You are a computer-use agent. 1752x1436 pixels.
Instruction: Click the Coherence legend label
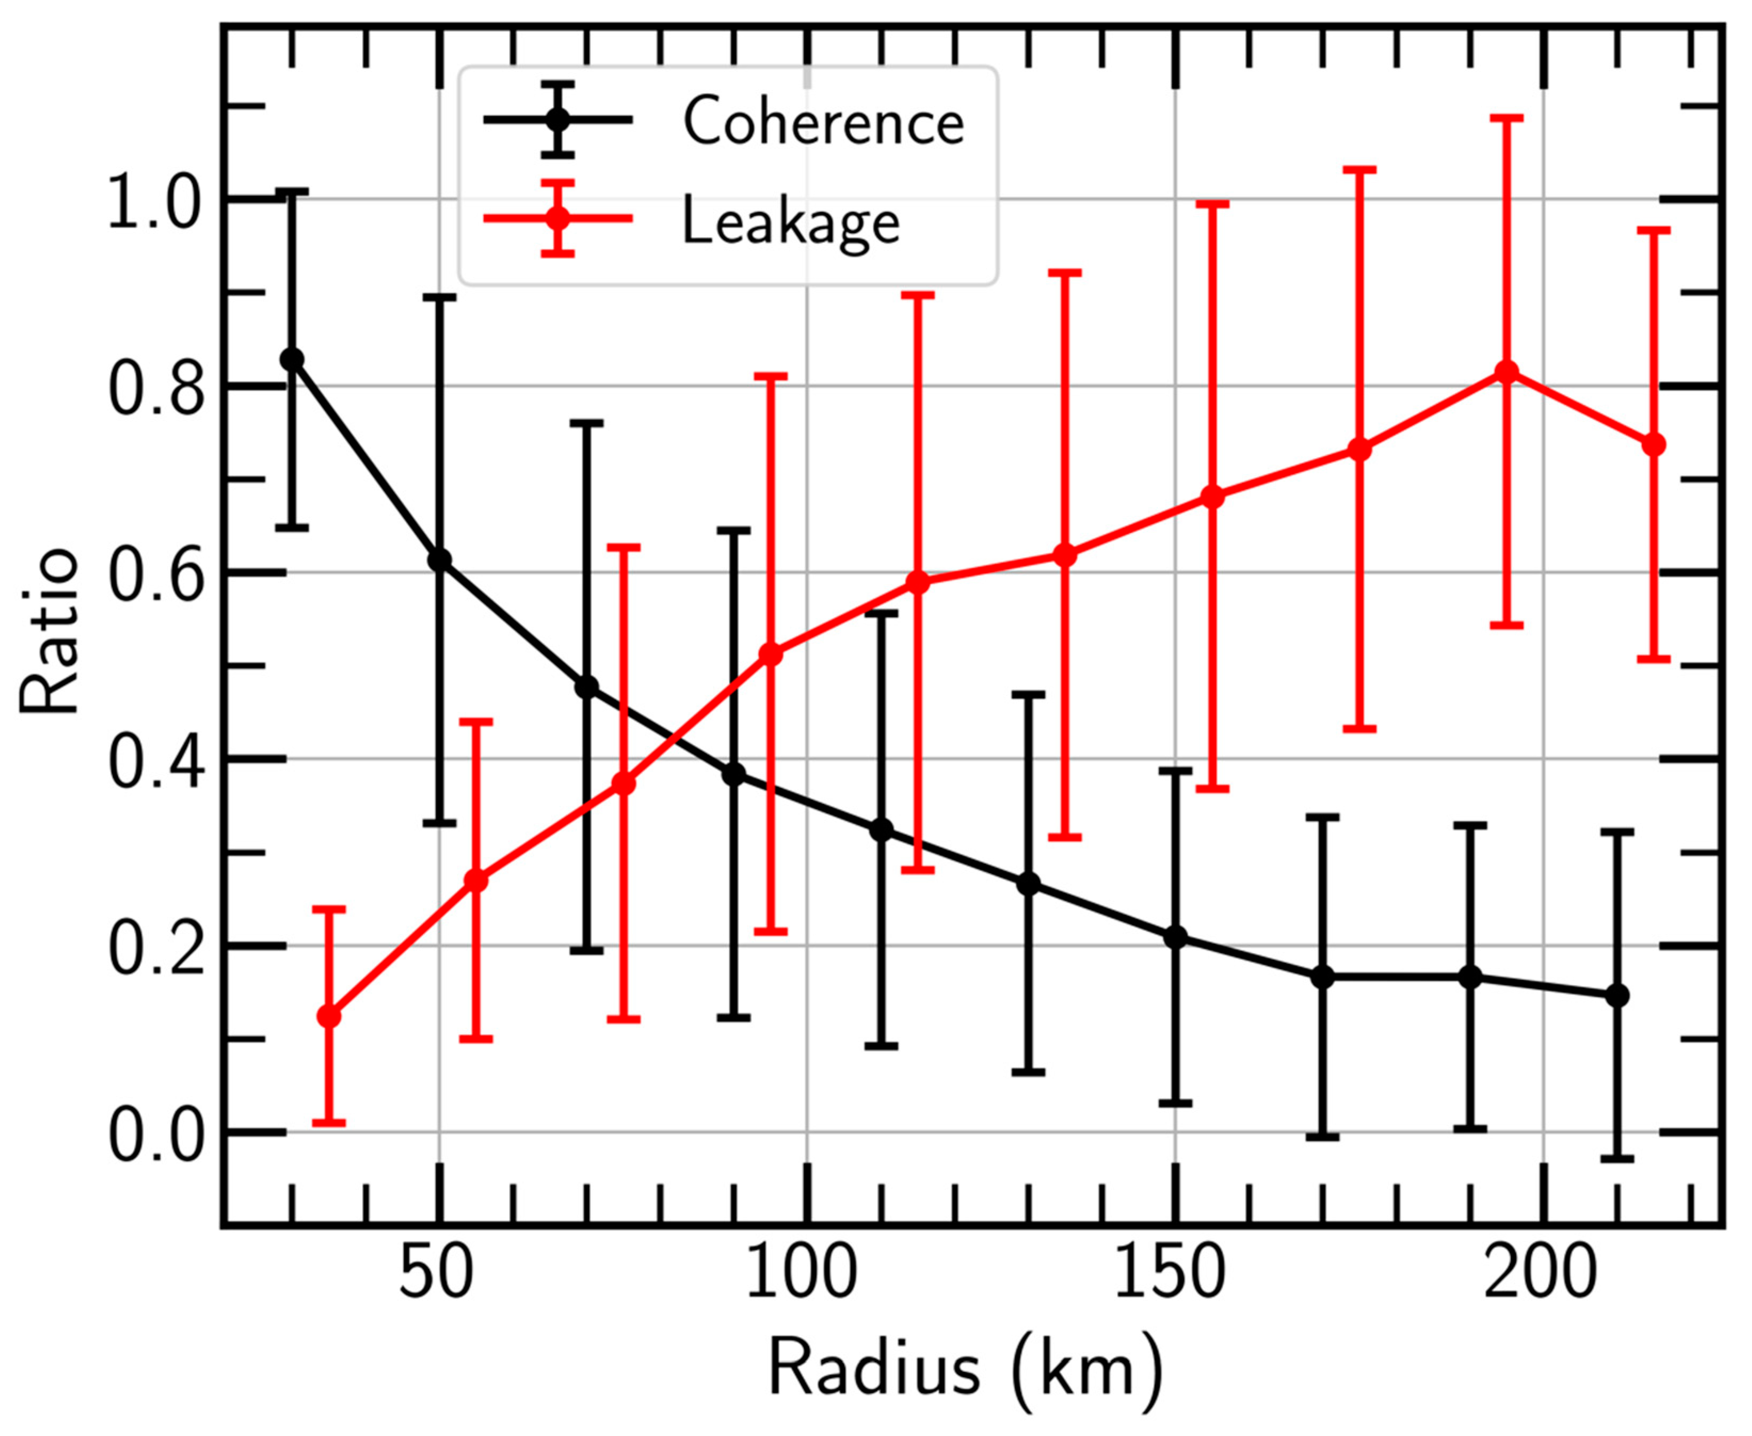pos(823,122)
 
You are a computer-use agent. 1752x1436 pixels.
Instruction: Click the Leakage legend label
pos(790,222)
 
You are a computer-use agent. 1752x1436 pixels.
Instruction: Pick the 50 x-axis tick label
pos(437,1277)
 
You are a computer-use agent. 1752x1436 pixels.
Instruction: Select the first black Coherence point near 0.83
pos(291,360)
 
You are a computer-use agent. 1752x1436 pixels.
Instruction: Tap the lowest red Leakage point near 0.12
pos(328,1016)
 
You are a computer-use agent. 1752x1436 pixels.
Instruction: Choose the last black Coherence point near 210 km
pos(1617,995)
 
